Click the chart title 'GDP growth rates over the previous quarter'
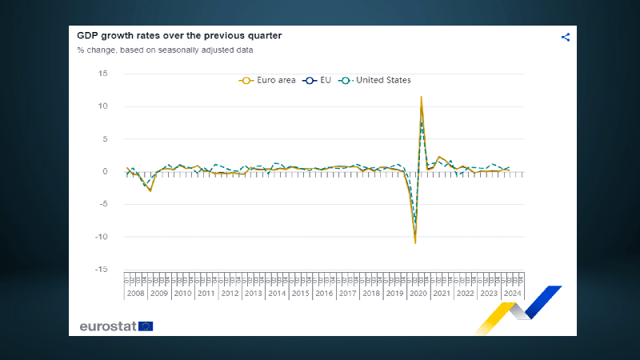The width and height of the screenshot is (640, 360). (x=179, y=36)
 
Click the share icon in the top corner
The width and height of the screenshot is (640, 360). (x=566, y=37)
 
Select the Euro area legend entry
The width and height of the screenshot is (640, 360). (x=268, y=80)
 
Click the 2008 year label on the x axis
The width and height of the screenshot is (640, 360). (x=136, y=294)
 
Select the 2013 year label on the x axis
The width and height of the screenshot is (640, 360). (x=254, y=294)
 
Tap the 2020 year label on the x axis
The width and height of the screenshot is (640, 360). (x=418, y=294)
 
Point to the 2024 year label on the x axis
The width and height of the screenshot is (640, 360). (x=512, y=294)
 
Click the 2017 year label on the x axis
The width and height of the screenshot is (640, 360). (x=347, y=294)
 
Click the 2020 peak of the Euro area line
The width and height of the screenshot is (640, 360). (x=422, y=97)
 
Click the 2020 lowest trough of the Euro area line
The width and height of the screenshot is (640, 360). (x=415, y=242)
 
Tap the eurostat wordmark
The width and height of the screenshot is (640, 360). (x=108, y=326)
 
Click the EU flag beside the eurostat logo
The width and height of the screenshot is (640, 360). (x=146, y=326)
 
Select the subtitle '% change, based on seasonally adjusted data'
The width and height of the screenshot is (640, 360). (x=165, y=50)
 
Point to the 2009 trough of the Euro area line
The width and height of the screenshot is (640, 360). (x=150, y=190)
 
